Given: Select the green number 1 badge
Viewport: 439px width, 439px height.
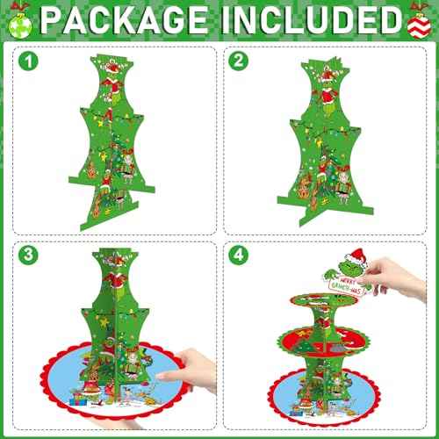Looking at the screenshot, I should click(x=32, y=61).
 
